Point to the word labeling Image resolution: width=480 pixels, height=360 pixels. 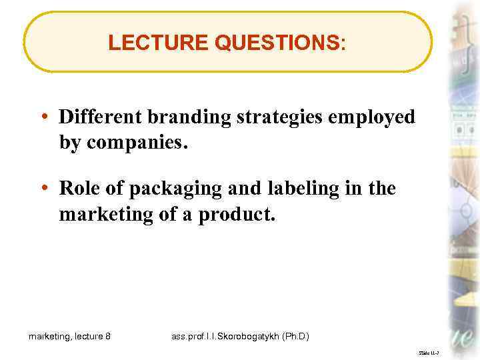click(x=292, y=190)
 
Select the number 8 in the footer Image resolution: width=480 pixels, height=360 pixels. click(x=108, y=337)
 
